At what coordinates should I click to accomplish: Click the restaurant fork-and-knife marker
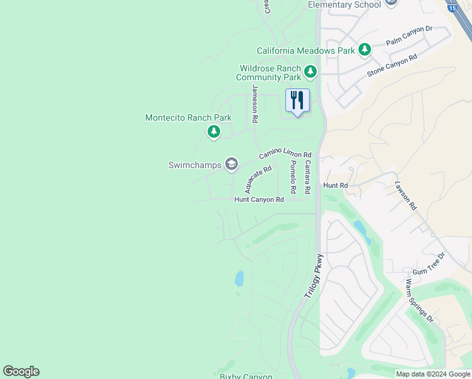297,100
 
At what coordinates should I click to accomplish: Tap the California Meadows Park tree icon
364,49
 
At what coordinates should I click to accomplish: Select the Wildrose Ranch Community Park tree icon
310,72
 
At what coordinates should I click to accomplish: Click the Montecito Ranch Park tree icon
214,131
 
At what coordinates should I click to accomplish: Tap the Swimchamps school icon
232,165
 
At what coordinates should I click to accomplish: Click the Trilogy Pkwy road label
314,277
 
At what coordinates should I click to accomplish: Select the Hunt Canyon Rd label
259,200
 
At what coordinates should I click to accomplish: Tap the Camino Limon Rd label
285,155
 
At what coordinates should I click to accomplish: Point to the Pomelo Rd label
293,177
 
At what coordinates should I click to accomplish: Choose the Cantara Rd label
307,177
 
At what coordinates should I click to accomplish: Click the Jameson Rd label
255,104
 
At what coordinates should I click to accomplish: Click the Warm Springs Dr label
420,301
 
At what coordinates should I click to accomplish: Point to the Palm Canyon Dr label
409,37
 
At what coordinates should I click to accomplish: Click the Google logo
21,371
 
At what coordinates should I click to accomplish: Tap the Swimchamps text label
195,165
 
